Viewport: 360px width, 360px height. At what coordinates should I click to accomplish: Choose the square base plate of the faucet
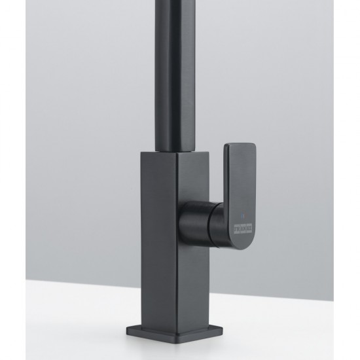(175, 334)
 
